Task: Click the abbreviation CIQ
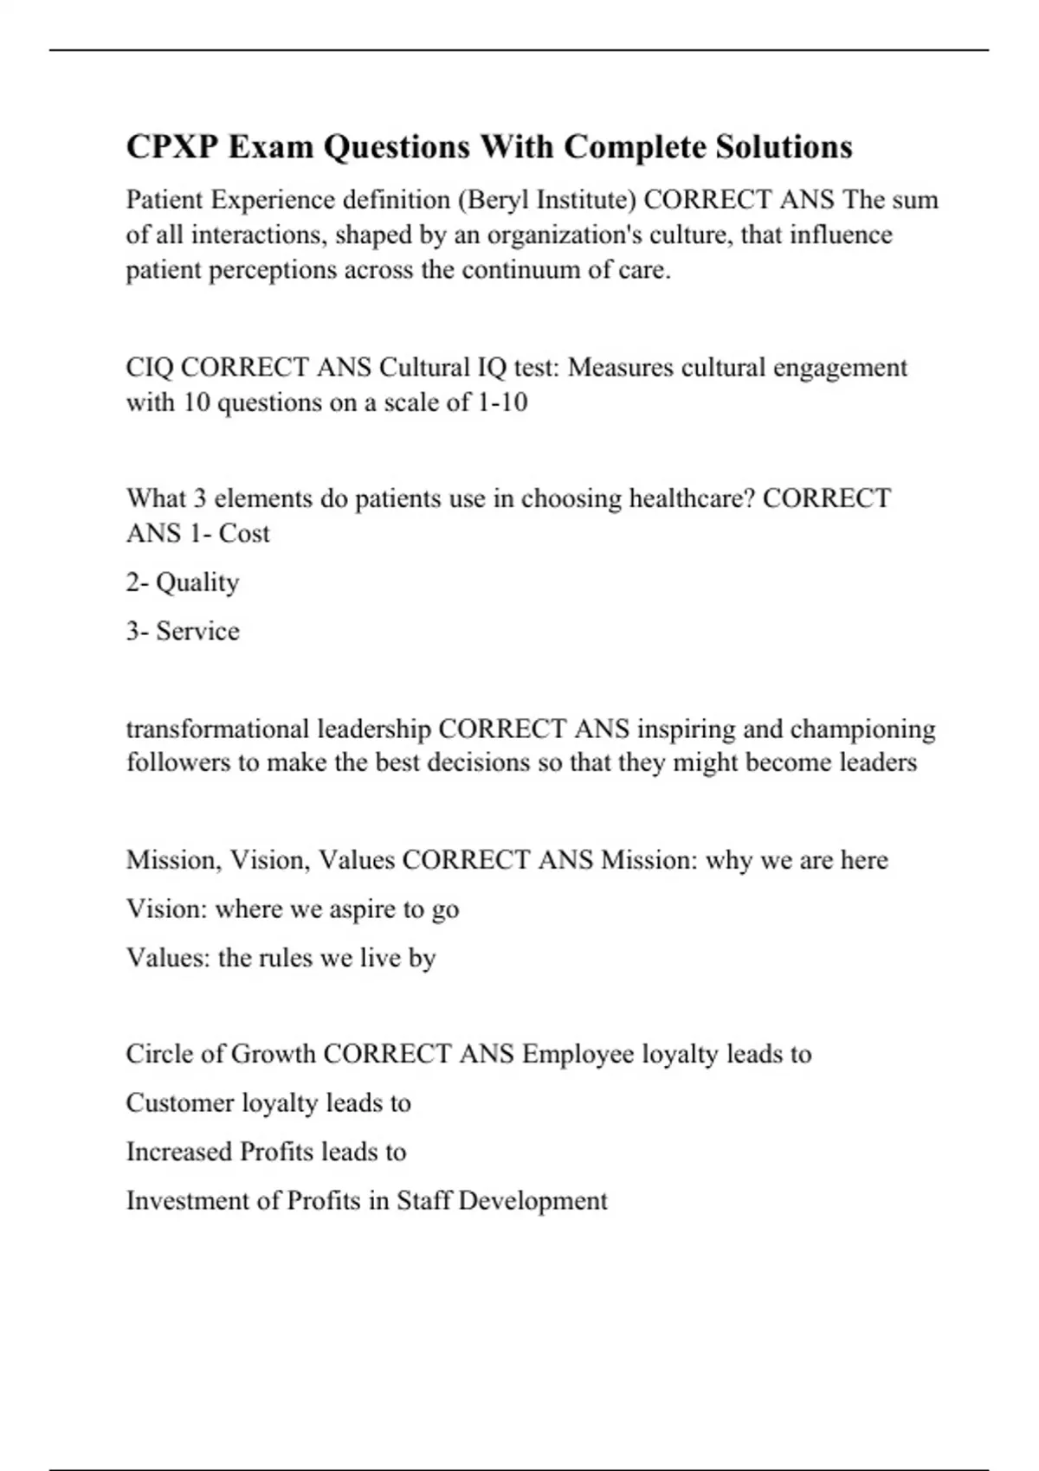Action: click(150, 368)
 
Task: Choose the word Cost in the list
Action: click(244, 534)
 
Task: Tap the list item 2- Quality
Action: click(183, 582)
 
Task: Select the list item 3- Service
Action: click(183, 631)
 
